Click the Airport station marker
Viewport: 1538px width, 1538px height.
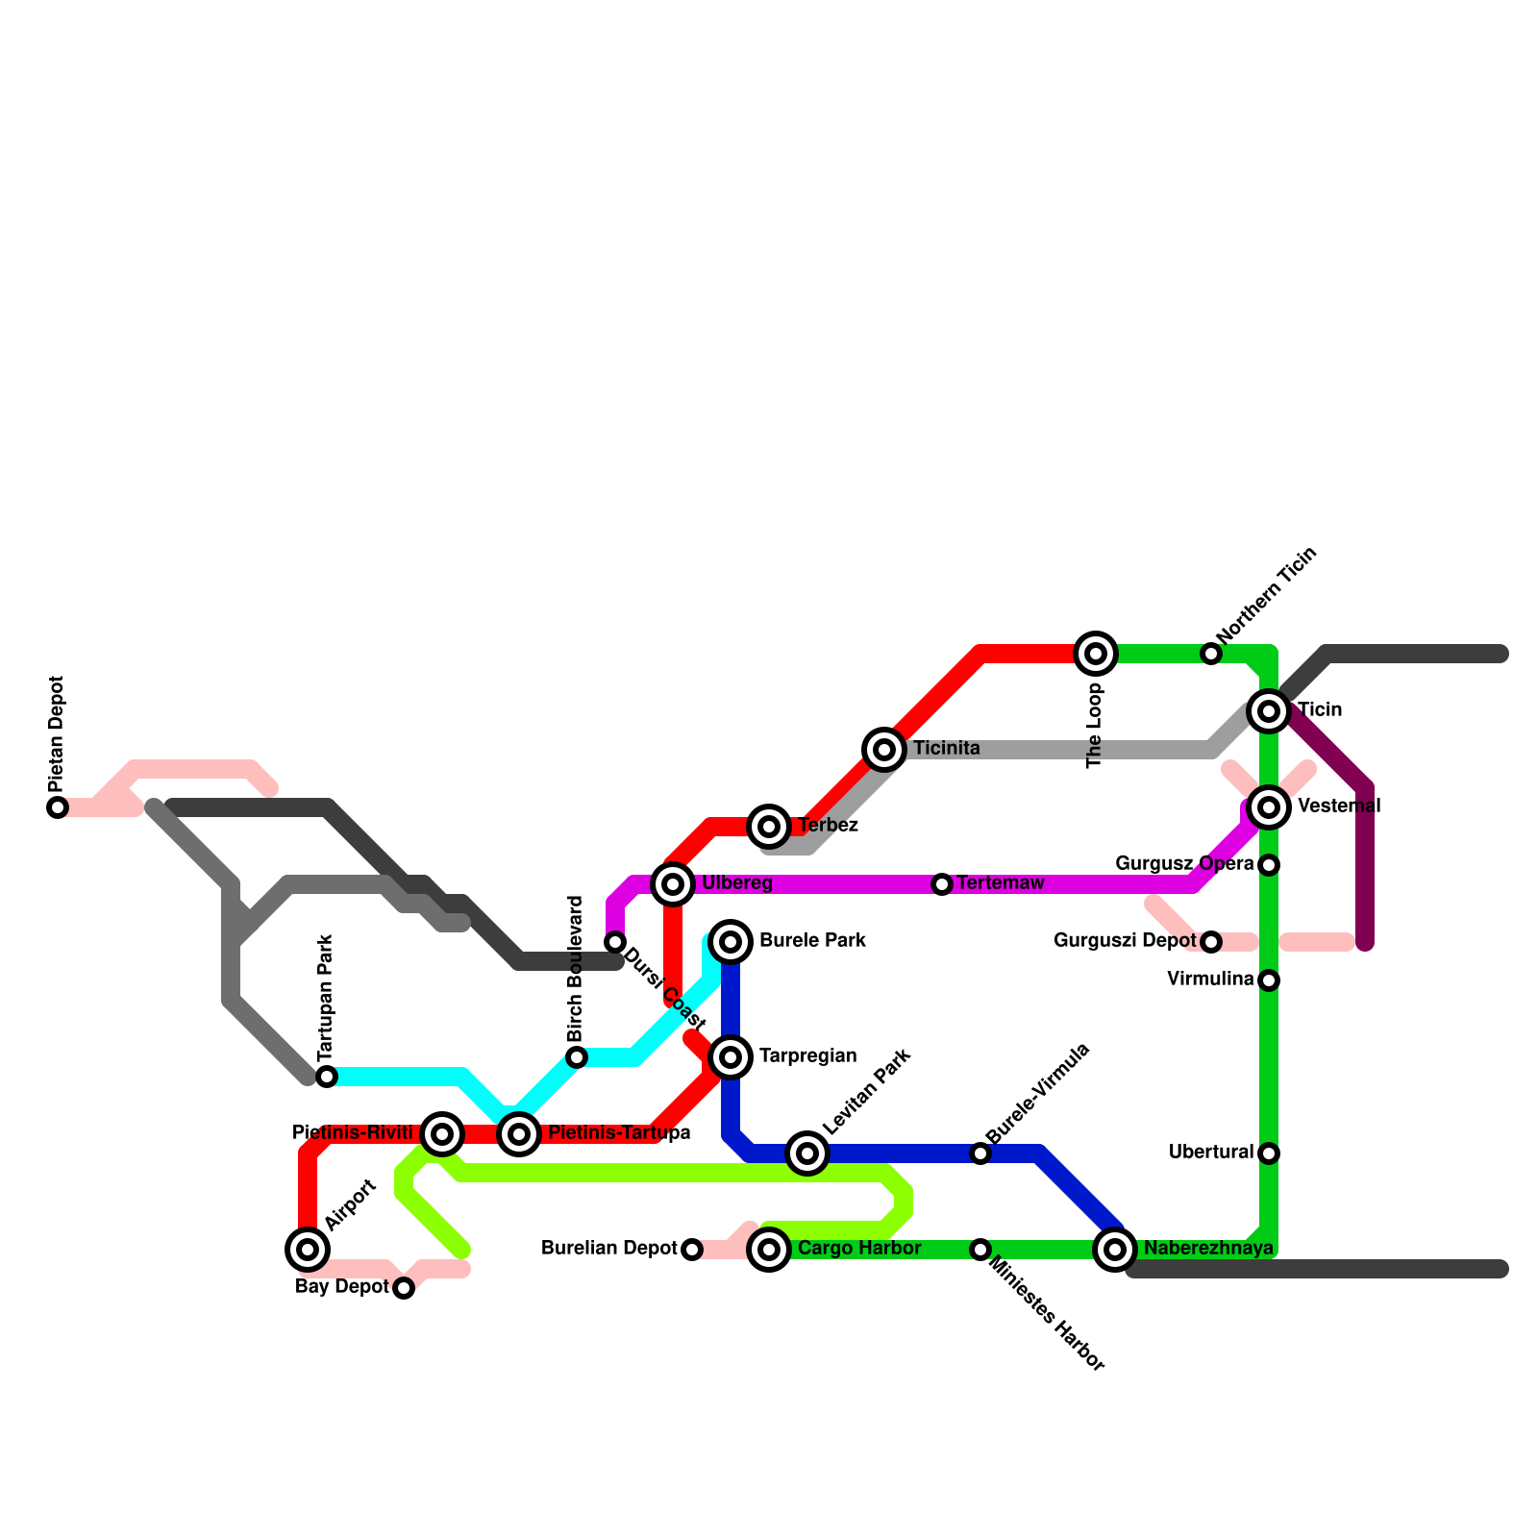pyautogui.click(x=308, y=1249)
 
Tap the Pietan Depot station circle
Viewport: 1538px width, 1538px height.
pyautogui.click(x=58, y=807)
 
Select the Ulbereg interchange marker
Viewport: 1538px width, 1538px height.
pyautogui.click(x=673, y=883)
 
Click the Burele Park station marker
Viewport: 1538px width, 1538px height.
pyautogui.click(x=731, y=941)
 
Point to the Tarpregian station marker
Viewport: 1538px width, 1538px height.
pyautogui.click(x=731, y=1056)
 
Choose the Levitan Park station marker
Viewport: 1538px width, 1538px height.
pyautogui.click(x=807, y=1153)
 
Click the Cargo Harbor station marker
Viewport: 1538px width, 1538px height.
pyautogui.click(x=769, y=1249)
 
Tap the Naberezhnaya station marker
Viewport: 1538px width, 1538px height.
pyautogui.click(x=1115, y=1249)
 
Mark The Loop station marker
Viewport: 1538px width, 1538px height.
pyautogui.click(x=1096, y=654)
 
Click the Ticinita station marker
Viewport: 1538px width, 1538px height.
pyautogui.click(x=884, y=749)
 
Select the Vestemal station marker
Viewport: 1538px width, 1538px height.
pyautogui.click(x=1269, y=806)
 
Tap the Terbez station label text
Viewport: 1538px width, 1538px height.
pyautogui.click(x=828, y=826)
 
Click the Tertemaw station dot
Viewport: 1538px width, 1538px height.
pyautogui.click(x=942, y=883)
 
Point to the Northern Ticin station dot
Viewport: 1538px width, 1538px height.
pyautogui.click(x=1211, y=654)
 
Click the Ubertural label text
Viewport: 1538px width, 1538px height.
pyautogui.click(x=1211, y=1152)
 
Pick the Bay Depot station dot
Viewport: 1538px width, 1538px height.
pyautogui.click(x=404, y=1287)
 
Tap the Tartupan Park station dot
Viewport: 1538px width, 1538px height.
pyautogui.click(x=327, y=1076)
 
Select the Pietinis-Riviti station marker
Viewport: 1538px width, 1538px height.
pyautogui.click(x=442, y=1133)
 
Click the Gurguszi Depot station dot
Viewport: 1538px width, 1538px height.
pyautogui.click(x=1211, y=941)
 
